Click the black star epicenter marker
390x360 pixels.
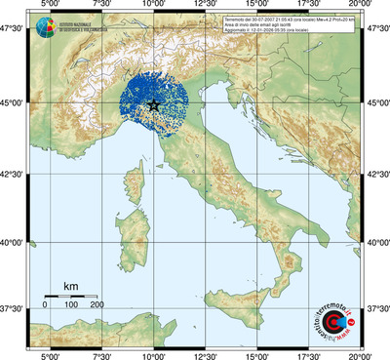tap(155, 104)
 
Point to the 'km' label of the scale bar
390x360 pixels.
tap(70, 285)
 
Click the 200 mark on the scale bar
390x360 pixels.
tap(97, 305)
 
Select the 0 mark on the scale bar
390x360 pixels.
tap(45, 305)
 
